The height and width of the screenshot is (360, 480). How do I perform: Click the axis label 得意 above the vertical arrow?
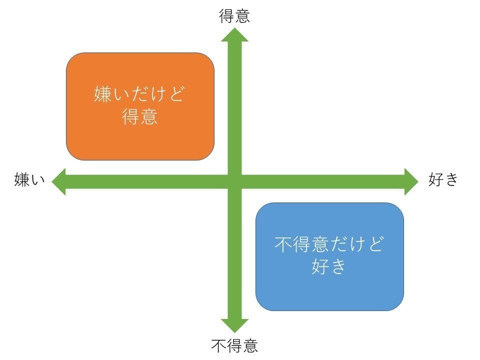point(234,16)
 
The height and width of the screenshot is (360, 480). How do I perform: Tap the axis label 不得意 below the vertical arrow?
point(234,346)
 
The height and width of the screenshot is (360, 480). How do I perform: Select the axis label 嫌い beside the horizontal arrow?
point(29,179)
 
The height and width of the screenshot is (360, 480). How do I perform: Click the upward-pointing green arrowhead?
point(234,34)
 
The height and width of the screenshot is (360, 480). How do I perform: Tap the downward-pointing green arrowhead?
point(234,325)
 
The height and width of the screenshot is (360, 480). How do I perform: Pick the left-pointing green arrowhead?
point(59,181)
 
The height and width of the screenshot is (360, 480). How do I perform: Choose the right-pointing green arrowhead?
point(411,181)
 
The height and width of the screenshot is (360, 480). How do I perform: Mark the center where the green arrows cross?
point(235,181)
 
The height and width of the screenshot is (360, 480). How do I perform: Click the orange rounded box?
point(140,106)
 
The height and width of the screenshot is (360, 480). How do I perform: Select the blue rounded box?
point(329,256)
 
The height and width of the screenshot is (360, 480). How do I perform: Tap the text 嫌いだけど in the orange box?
point(139,93)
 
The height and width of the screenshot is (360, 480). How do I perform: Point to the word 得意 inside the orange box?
point(139,116)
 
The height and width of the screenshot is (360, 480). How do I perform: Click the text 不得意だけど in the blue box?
point(329,244)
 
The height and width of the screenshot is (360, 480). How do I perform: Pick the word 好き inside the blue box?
point(329,266)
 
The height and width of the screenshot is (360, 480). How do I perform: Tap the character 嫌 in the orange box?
point(102,93)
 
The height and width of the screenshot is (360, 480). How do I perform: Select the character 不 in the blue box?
point(283,244)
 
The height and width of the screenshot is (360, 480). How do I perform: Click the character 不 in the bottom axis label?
point(219,346)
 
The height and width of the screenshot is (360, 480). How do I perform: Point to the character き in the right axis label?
point(451,179)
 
